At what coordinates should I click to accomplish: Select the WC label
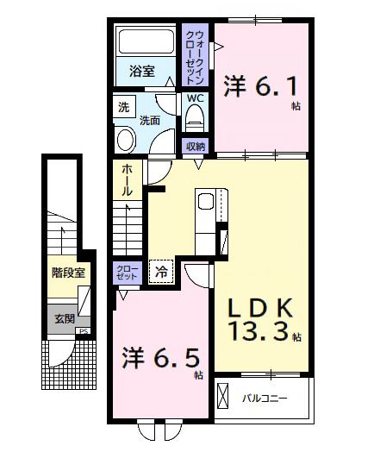tap(196, 98)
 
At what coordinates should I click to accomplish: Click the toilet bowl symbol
tap(196, 116)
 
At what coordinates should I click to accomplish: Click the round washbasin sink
tap(127, 141)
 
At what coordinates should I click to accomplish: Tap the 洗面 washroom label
tap(150, 121)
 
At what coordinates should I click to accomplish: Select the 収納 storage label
tap(196, 146)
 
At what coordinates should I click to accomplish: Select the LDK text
tap(262, 309)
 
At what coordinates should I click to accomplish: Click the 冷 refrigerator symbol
tap(161, 272)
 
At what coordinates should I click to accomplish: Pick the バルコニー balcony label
tap(263, 399)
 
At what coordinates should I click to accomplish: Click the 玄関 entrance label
tap(65, 318)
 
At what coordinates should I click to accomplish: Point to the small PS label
tap(83, 331)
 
